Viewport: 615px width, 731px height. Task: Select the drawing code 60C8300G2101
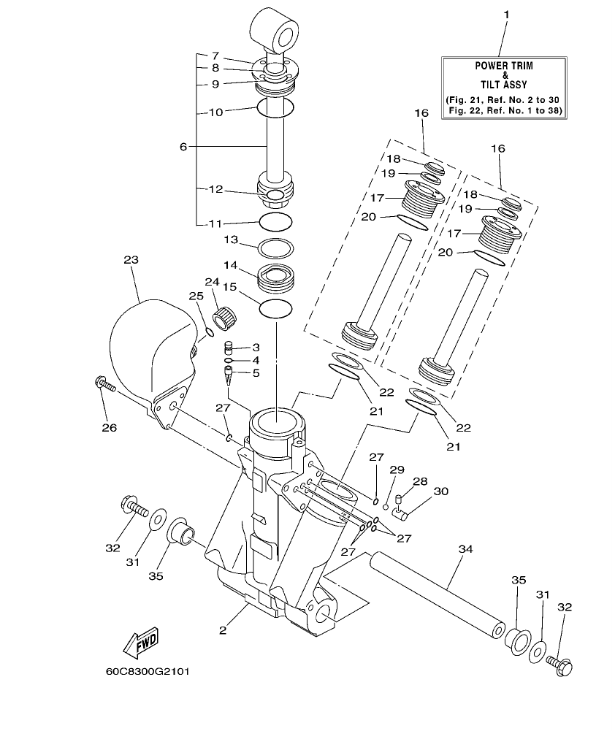pos(148,670)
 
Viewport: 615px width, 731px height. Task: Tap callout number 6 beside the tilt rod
pos(183,146)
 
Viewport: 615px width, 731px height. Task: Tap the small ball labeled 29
pos(386,505)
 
